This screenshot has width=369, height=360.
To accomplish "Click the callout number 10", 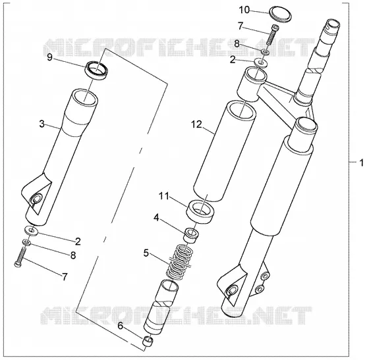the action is point(244,10).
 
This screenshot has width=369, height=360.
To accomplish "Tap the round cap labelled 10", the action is point(280,14).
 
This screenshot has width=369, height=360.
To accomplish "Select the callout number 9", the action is point(49,57).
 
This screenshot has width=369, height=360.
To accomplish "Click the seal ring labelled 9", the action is point(98,70).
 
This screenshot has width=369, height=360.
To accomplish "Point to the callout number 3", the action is point(42,124).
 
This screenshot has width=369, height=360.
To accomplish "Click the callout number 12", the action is point(196,124).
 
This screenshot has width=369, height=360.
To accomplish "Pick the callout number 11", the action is point(164,195).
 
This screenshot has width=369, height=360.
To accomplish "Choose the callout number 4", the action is point(157,218).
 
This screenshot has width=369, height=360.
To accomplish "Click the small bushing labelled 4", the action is point(192,234).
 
